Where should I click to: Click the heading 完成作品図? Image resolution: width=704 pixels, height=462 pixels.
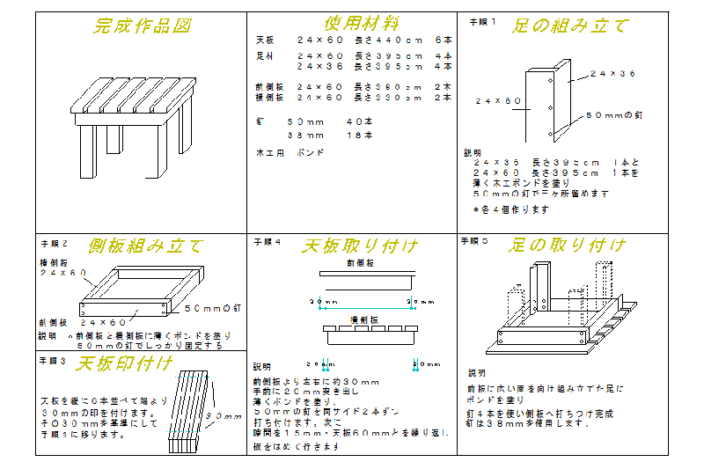point(141,26)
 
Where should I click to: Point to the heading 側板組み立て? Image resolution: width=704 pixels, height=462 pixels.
point(145,246)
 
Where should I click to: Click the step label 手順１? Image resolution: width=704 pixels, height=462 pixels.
point(482,20)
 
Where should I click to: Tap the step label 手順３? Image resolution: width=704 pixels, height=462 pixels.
point(54,360)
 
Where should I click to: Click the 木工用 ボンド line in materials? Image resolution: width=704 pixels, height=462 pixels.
point(290,152)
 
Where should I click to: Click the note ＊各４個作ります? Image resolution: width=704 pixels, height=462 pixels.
point(511,209)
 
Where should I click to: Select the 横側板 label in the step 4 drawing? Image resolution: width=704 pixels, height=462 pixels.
point(365,320)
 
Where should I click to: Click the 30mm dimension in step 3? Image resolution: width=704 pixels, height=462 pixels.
point(224,416)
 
